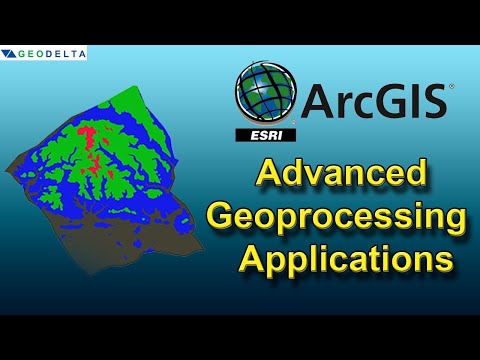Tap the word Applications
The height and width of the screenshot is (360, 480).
(x=345, y=260)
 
